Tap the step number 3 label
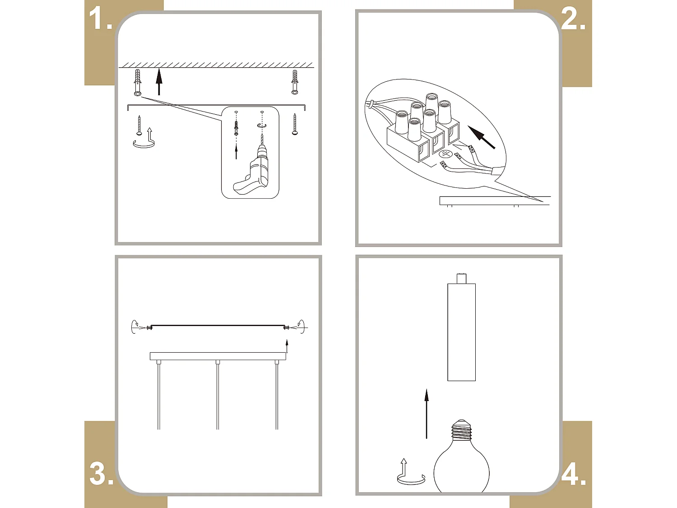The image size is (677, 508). pos(101,474)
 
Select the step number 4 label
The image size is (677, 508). pos(573,474)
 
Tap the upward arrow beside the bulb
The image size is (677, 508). pos(426,413)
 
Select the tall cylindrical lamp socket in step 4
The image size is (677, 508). pos(461,331)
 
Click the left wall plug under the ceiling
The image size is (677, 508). pos(138,82)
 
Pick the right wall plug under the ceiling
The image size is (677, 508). pos(295,82)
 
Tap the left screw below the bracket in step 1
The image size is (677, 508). pos(139,125)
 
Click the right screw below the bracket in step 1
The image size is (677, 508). pos(295,124)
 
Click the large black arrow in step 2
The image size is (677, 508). pos(482,137)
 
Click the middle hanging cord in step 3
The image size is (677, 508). pos(218,395)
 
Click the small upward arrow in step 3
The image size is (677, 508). pos(287,347)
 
